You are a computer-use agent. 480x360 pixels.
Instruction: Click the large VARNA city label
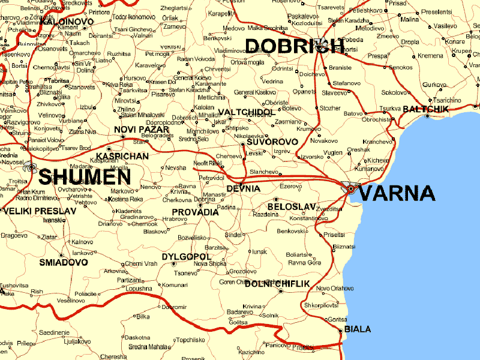coord(397,193)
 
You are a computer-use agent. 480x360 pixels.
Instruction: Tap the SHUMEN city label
coord(84,177)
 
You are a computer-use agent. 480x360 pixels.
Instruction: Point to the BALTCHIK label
coord(426,109)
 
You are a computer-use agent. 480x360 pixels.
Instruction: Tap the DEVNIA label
coord(244,188)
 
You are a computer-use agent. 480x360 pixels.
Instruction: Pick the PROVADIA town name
coord(196,212)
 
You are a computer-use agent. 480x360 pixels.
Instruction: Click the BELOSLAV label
coord(292,206)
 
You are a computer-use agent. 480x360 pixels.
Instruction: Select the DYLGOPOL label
coord(187,256)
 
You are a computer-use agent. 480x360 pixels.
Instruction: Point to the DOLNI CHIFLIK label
coord(277,283)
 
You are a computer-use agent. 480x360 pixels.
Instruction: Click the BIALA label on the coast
coord(358,329)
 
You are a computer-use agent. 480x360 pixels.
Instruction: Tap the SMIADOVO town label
coord(64,262)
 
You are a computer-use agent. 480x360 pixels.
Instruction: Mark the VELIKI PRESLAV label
coord(40,211)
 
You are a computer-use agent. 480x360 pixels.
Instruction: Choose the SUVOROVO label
coord(272,142)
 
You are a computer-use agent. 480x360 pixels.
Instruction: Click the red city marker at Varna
coord(351,189)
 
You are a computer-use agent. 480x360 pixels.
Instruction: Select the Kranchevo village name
coord(377,142)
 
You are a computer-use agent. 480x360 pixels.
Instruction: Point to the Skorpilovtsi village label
coord(322,305)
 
